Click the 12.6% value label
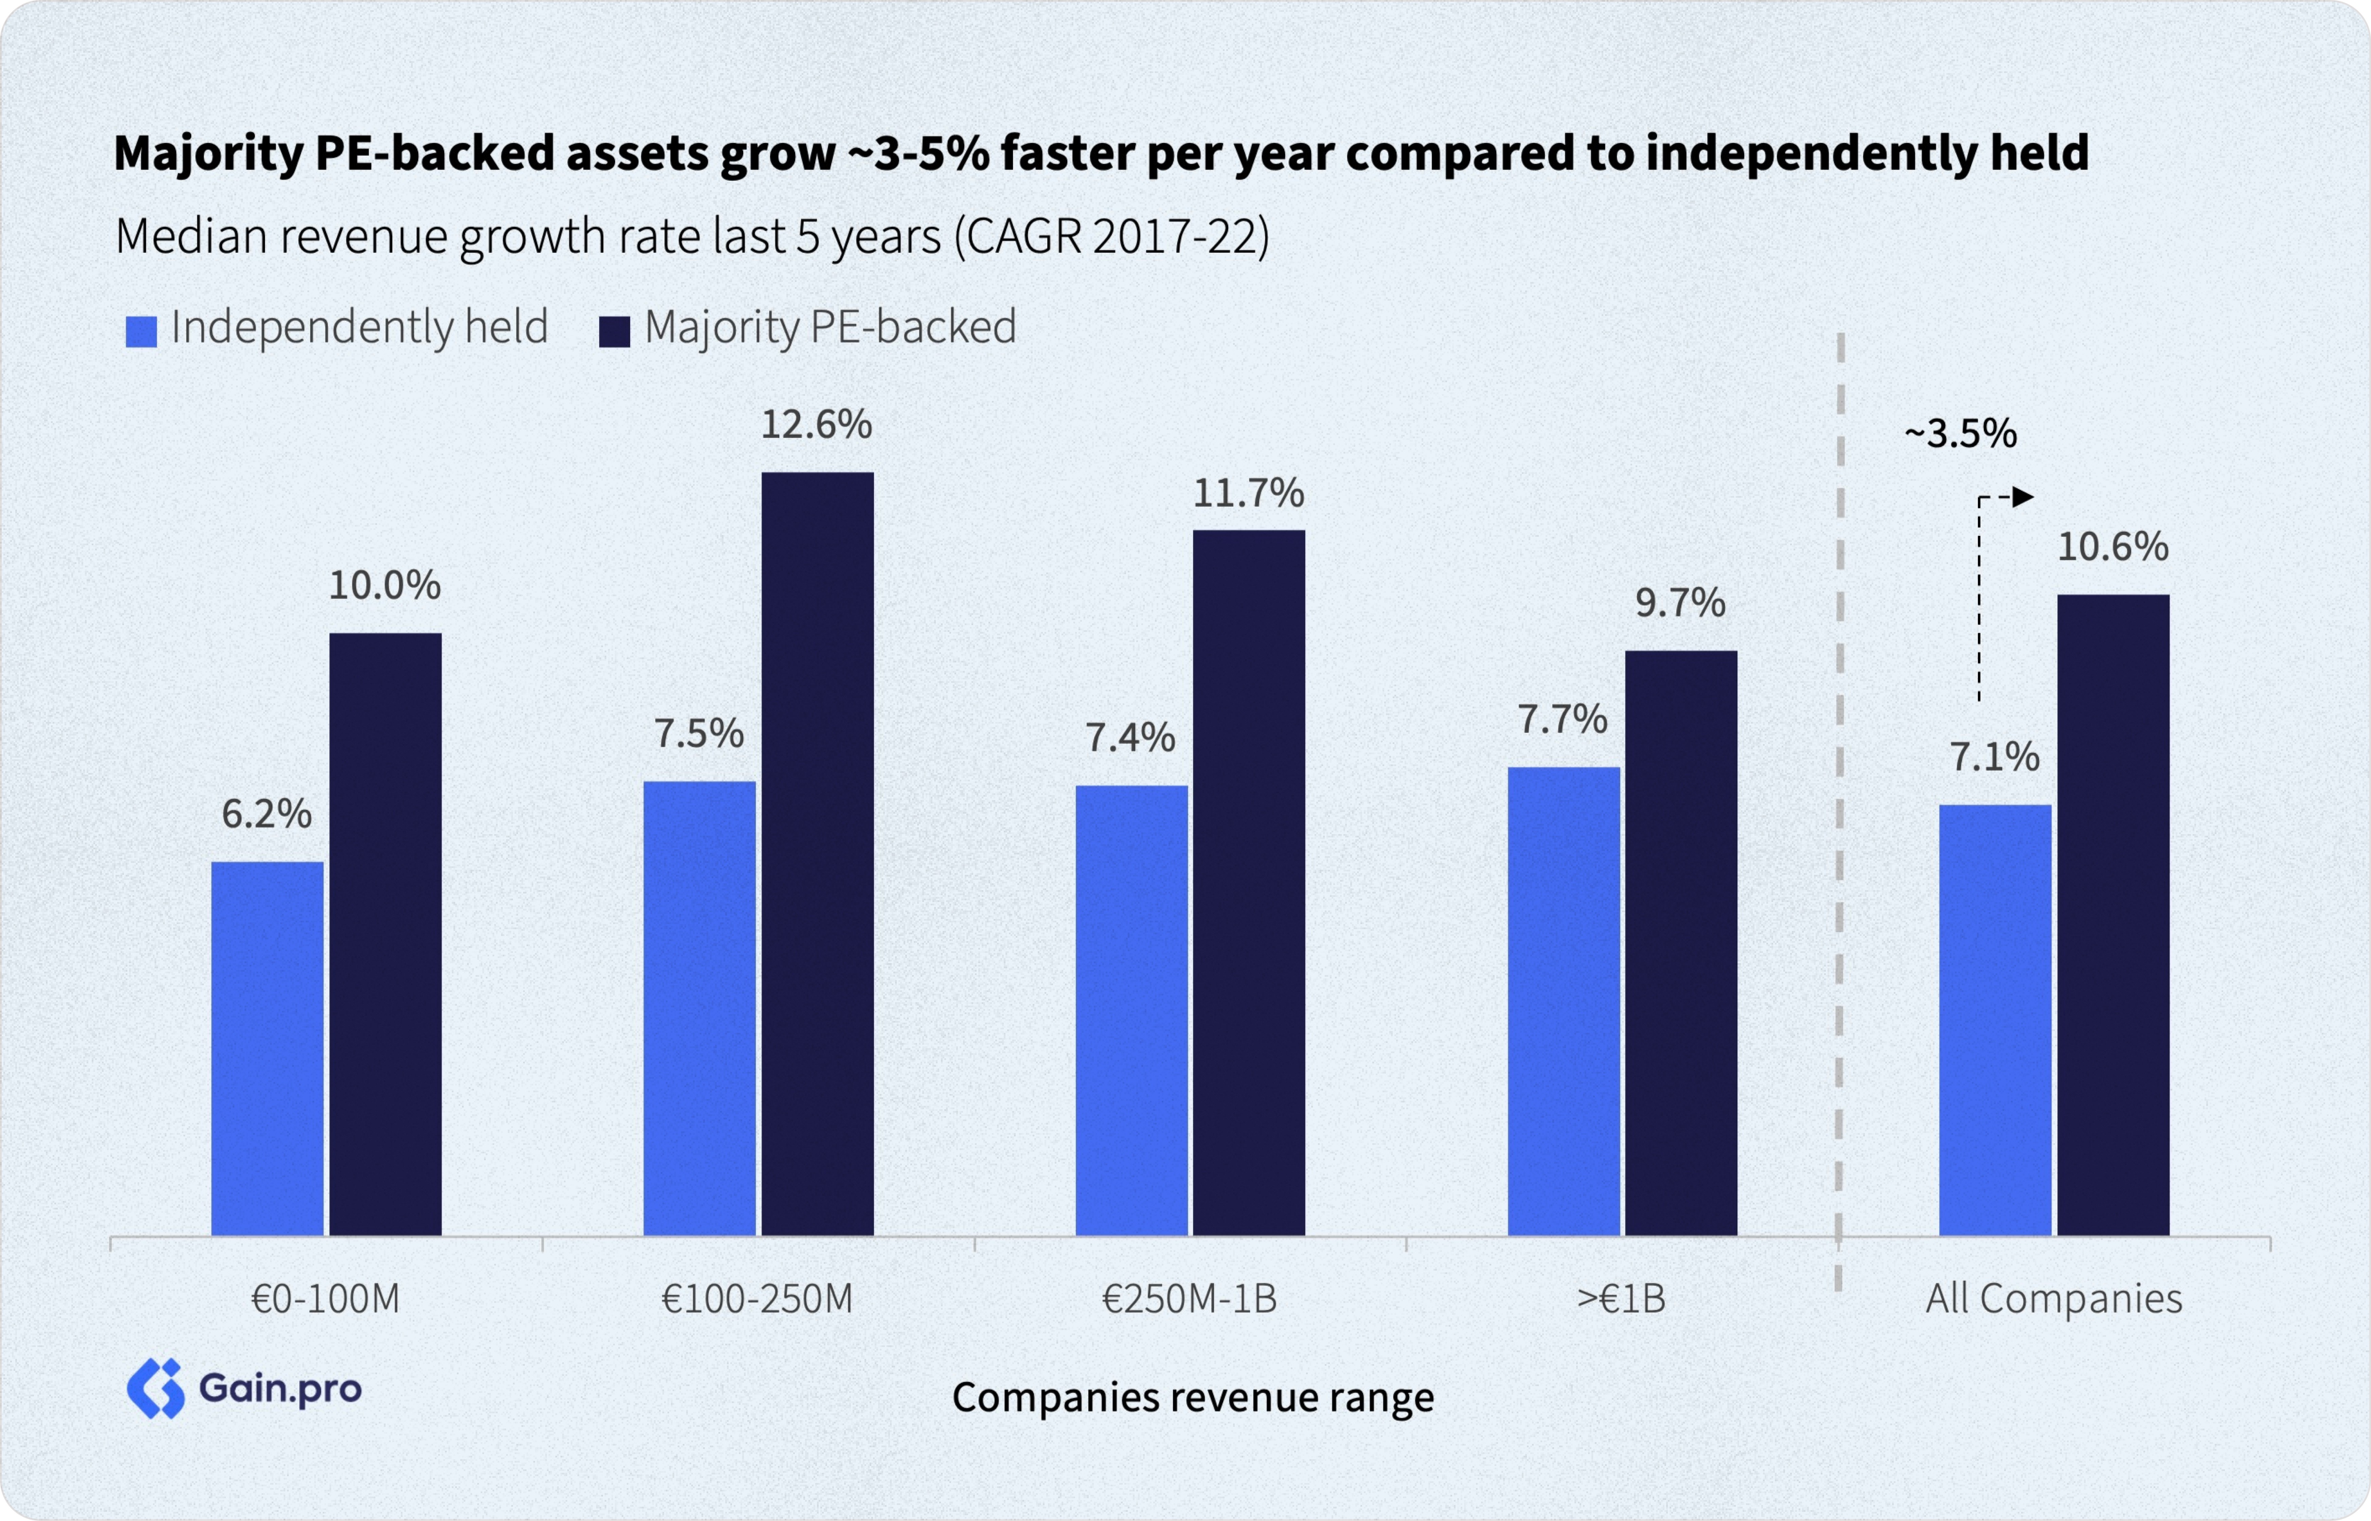(816, 425)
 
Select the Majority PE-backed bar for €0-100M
(385, 933)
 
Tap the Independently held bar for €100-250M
(699, 1007)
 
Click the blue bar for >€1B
(1563, 1001)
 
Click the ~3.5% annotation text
(1960, 434)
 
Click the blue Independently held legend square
(141, 331)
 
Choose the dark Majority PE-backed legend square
(614, 331)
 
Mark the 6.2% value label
(267, 814)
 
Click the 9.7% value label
(1680, 602)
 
